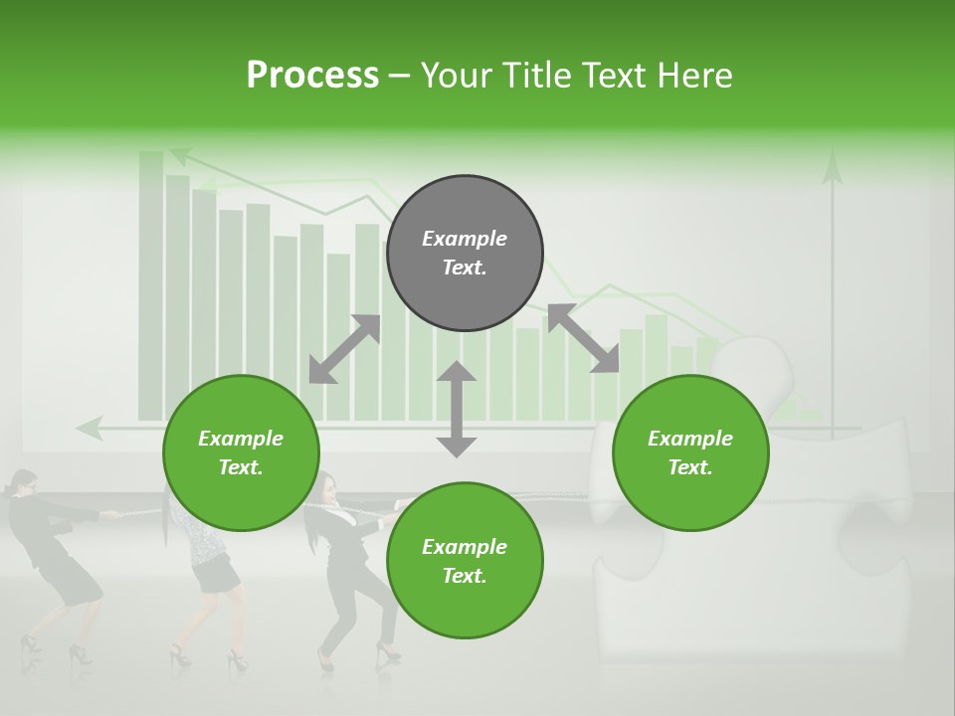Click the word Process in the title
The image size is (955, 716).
point(312,76)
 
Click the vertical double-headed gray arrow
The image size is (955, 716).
point(457,409)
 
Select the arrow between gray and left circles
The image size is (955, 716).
point(344,349)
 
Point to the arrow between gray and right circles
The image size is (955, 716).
point(583,338)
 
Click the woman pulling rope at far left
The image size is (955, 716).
point(55,557)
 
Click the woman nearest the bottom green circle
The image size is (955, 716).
point(348,567)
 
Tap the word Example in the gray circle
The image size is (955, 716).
point(465,239)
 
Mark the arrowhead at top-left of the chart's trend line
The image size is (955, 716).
point(180,155)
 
